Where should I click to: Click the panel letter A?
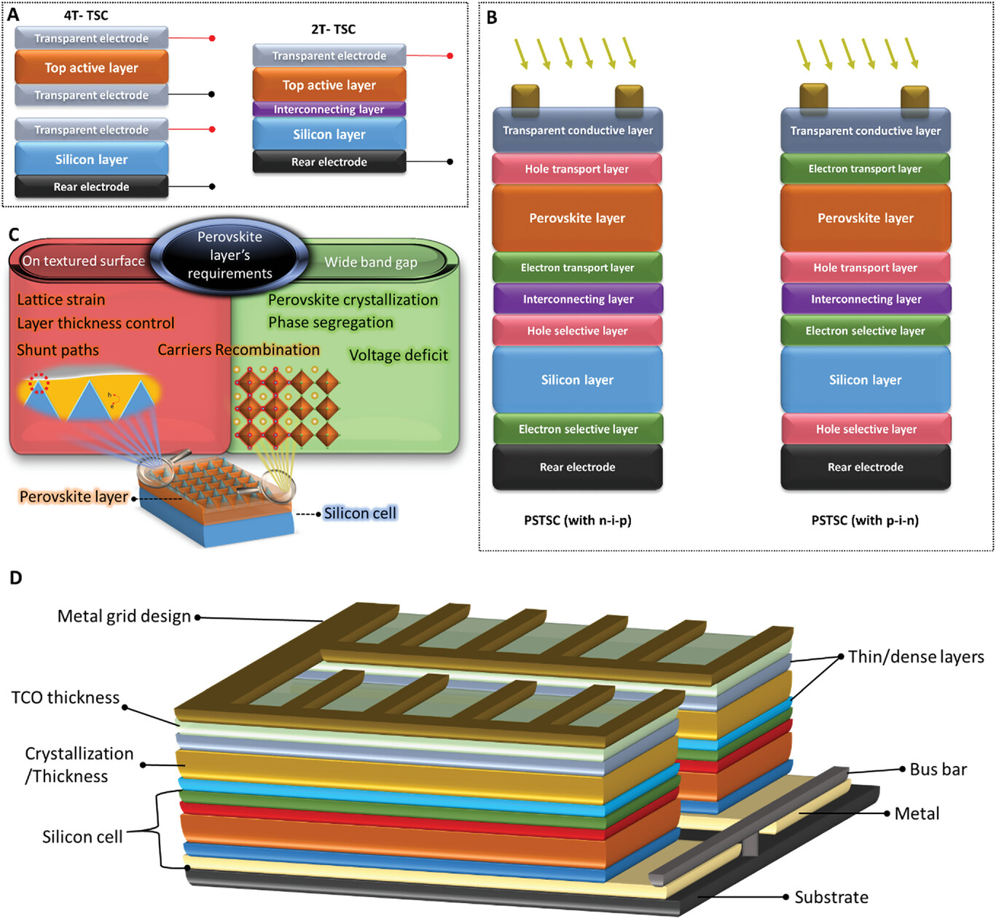coord(12,15)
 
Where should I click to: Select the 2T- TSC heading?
coord(333,29)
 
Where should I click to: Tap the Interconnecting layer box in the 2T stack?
coord(329,109)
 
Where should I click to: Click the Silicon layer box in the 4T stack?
coord(91,159)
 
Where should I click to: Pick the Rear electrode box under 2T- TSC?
coord(329,162)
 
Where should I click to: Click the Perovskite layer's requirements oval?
coord(230,255)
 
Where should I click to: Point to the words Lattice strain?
coord(61,300)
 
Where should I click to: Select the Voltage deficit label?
coord(399,355)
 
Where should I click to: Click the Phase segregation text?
coord(331,322)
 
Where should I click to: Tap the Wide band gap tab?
coord(371,262)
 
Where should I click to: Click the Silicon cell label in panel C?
coord(360,513)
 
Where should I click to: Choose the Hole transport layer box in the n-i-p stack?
coord(577,168)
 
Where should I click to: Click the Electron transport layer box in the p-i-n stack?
coord(865,168)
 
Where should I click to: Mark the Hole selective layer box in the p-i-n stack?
coord(866,429)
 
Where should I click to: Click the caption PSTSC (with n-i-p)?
coord(578,520)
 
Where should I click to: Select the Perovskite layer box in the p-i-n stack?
coord(865,218)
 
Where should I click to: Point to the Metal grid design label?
coord(124,617)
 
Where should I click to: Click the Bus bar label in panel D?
coord(938,770)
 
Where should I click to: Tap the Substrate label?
coord(831,897)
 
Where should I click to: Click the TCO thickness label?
coord(66,697)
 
